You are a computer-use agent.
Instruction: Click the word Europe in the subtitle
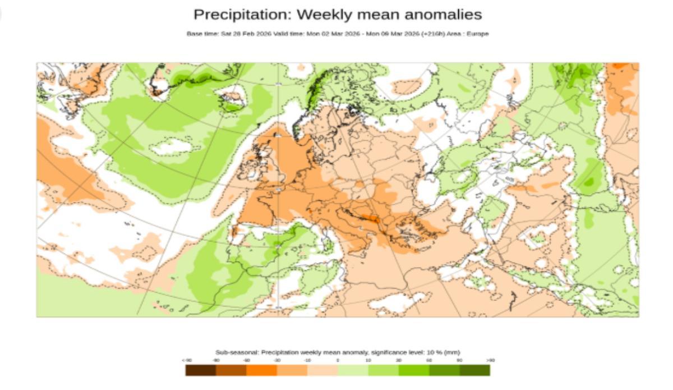480,34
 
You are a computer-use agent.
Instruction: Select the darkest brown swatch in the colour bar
201,370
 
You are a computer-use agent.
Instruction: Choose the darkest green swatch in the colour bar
474,370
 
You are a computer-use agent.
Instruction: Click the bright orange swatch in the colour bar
261,370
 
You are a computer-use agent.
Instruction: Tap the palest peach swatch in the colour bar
322,370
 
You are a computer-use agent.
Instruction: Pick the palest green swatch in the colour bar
353,370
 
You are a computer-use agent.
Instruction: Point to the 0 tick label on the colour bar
338,360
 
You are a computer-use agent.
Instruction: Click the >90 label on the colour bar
491,360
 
